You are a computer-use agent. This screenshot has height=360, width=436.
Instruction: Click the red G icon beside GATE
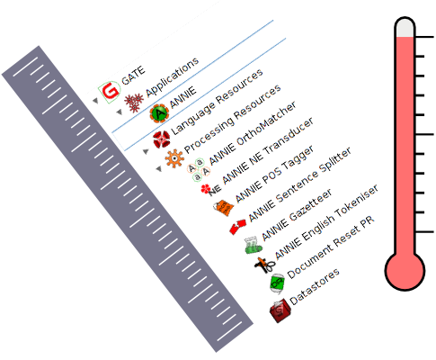110,92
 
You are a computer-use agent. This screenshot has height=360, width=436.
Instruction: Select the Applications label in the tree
173,77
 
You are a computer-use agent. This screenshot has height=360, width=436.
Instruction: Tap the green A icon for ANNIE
159,113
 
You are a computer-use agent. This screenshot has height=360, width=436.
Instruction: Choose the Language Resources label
217,102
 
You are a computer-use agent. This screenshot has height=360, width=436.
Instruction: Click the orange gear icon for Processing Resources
174,158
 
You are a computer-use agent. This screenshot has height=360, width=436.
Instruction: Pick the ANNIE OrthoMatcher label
253,133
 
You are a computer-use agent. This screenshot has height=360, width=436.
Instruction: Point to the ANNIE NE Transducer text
268,150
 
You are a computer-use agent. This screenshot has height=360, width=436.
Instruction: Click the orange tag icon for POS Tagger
224,207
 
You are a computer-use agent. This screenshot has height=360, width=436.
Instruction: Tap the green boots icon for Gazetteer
254,245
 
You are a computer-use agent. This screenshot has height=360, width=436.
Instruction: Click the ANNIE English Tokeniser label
326,221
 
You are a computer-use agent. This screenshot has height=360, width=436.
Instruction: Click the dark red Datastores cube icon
280,310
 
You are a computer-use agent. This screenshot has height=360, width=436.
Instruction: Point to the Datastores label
315,286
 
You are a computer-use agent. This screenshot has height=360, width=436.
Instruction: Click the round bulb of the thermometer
405,271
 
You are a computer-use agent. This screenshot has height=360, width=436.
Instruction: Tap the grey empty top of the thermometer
405,28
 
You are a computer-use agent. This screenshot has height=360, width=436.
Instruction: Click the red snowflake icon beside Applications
134,103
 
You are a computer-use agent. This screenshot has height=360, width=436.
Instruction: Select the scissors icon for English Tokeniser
265,265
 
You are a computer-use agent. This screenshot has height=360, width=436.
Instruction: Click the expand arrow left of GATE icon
95,101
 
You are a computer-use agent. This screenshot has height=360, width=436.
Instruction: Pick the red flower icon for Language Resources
162,139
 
